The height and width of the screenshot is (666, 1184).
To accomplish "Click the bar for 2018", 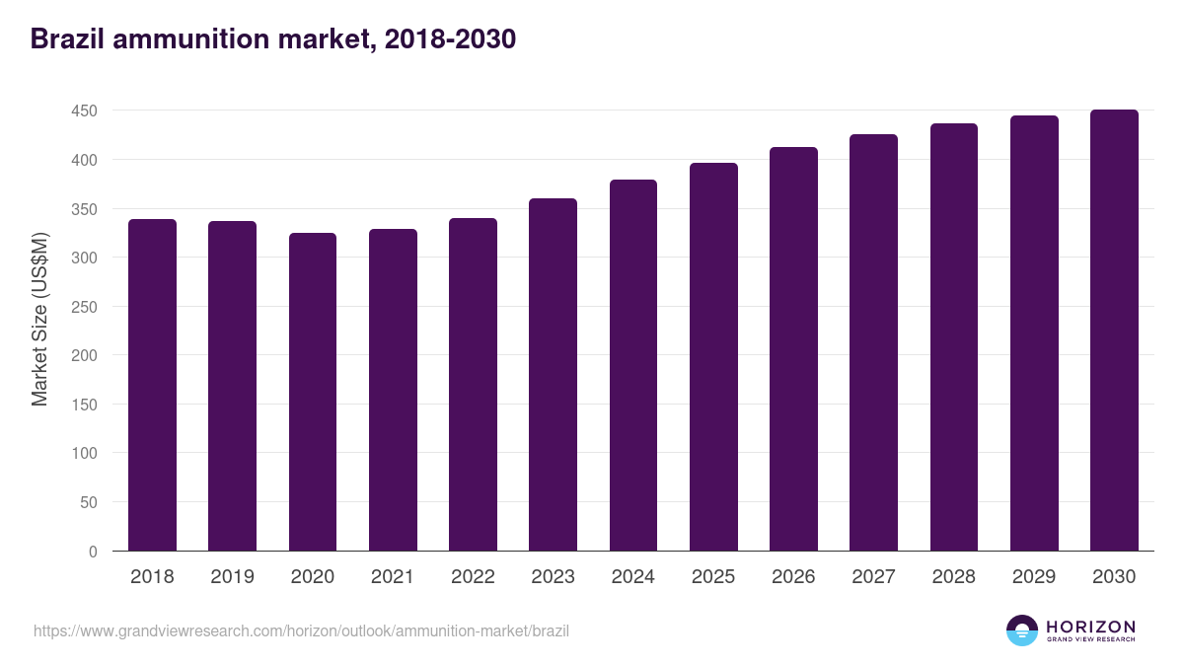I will [152, 385].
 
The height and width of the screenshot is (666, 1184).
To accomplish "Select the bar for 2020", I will [313, 392].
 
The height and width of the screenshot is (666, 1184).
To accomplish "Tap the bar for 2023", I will [553, 375].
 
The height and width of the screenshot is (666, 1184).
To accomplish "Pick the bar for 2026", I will [793, 349].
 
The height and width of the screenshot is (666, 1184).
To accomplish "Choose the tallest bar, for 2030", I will [1114, 331].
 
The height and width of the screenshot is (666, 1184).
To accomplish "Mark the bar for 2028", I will [953, 337].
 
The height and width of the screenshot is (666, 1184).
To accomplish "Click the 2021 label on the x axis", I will [393, 577].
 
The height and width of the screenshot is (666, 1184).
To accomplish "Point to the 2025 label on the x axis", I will [713, 577].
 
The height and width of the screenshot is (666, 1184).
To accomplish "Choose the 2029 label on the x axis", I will [1034, 577].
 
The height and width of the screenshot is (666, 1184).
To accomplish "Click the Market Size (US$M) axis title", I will [39, 319].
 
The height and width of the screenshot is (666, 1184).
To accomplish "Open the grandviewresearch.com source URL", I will [301, 630].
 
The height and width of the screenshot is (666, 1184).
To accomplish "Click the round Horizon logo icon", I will [1021, 630].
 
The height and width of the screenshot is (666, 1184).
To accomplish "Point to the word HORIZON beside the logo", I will [1090, 627].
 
